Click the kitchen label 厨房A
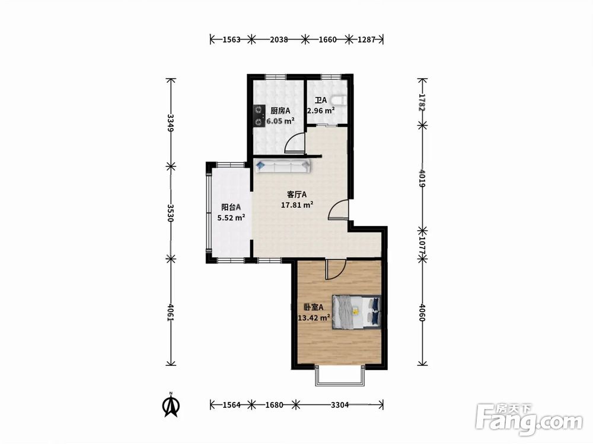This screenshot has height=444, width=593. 280,111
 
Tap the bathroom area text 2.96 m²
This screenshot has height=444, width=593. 321,111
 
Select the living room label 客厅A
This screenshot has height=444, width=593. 297,194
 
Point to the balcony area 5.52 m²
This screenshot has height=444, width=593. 231,217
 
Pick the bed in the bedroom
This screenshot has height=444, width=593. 356,312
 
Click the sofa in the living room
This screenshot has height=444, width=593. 283,166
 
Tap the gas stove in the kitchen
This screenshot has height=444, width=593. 259,116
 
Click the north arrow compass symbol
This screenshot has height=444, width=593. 171,405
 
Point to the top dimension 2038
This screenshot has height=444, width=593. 279,39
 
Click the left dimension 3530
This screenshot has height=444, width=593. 171,213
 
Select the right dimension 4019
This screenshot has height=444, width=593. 422,178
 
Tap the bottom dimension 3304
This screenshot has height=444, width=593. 340,405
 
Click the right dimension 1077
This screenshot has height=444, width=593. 422,245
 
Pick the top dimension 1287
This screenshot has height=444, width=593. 366,39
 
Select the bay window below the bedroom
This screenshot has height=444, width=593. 340,376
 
